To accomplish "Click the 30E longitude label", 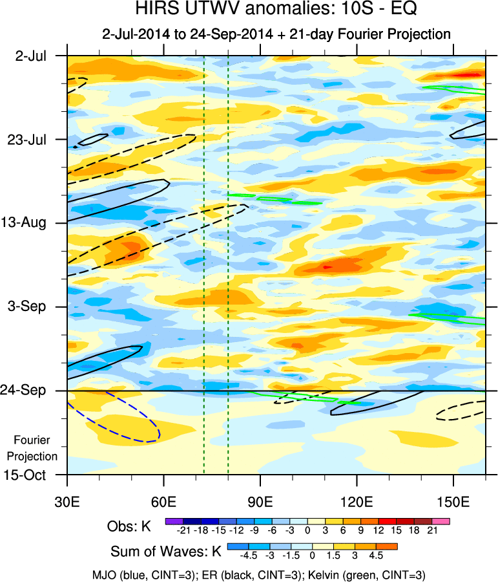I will (x=67, y=501).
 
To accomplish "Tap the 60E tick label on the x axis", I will (x=164, y=501).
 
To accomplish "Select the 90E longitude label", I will (x=260, y=501).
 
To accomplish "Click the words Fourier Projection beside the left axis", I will (x=36, y=447).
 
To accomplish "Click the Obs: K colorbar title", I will (x=129, y=526).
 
